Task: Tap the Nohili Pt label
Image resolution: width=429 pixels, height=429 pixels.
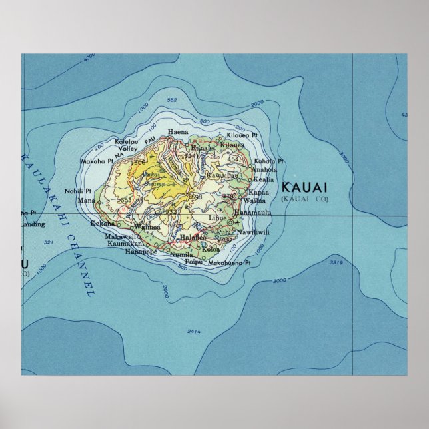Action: point(78,190)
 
